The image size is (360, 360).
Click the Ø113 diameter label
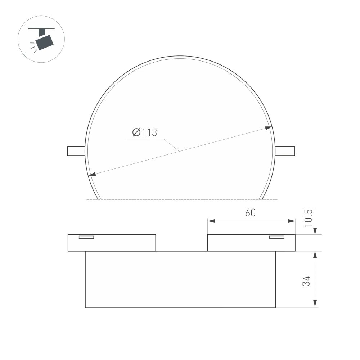[x=144, y=132]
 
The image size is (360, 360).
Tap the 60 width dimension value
[x=251, y=213]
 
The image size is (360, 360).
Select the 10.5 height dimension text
[x=309, y=217]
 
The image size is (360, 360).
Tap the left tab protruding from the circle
[x=76, y=151]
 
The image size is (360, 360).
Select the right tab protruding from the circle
[x=285, y=151]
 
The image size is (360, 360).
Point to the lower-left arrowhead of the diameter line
[x=93, y=175]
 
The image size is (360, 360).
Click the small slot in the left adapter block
[x=86, y=237]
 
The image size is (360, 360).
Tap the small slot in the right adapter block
[x=277, y=237]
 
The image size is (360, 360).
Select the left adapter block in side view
[x=112, y=243]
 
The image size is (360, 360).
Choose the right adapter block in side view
[x=251, y=243]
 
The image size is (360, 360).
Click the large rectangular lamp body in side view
[x=180, y=279]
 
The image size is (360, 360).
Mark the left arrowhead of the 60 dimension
[x=211, y=221]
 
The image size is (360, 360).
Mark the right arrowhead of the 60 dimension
[x=292, y=221]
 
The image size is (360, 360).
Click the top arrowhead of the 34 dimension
[x=315, y=255]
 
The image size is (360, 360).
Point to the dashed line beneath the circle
[x=180, y=199]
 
